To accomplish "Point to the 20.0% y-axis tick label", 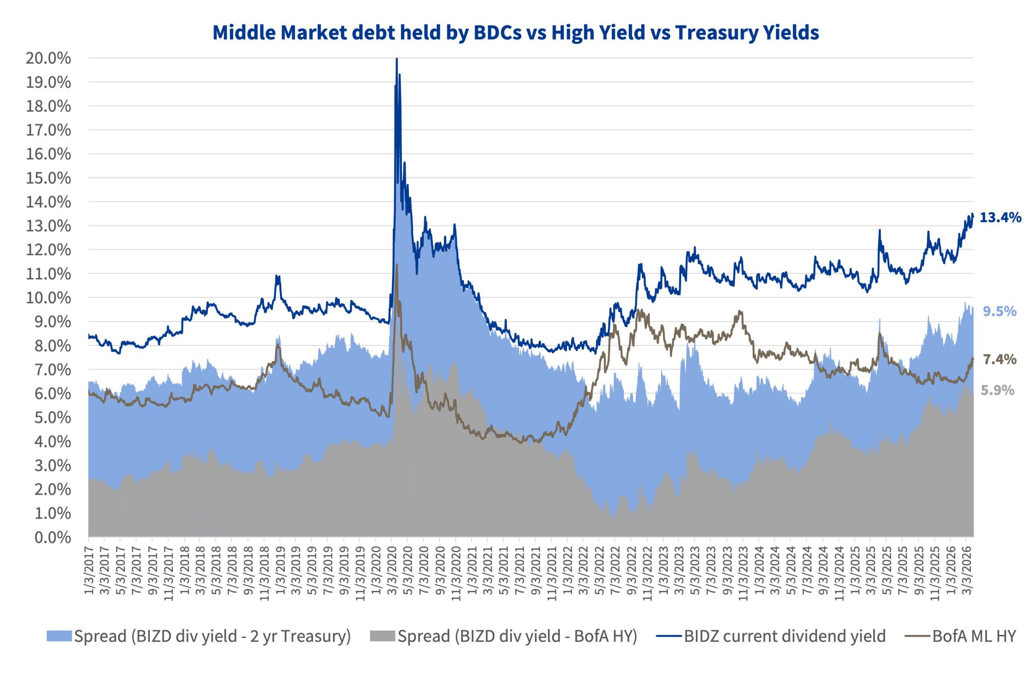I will coord(48,58).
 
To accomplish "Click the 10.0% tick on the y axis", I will coord(48,298).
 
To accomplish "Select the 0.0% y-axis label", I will coord(52,538).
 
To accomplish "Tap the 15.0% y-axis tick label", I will coord(48,178).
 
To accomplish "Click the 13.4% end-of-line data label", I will coord(1000,217).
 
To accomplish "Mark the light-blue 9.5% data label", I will coord(999,311).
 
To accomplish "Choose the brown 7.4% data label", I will coord(999,360).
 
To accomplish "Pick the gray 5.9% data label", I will coord(998,391).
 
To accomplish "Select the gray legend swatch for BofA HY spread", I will coord(383,637).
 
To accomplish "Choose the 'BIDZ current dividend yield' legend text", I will coord(784,637).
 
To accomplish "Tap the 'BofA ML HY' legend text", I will coord(974,637).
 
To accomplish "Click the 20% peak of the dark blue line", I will coord(397,59).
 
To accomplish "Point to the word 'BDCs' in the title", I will coord(497,33).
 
